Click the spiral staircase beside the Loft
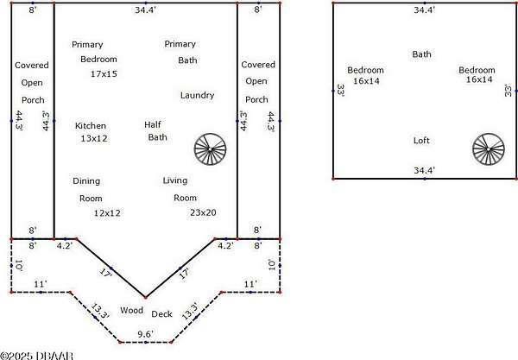click(x=487, y=149)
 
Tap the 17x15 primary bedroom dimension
click(x=104, y=75)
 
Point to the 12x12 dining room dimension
click(x=108, y=212)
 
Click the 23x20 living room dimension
click(x=203, y=212)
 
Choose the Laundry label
click(x=198, y=96)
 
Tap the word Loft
click(x=421, y=141)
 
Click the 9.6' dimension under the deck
click(x=145, y=333)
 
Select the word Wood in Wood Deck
click(x=131, y=309)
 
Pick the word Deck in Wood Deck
click(x=162, y=314)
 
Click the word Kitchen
click(x=91, y=126)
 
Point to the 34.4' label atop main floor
click(x=146, y=11)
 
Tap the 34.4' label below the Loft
click(x=423, y=171)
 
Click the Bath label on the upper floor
click(x=421, y=54)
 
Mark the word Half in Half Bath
click(x=152, y=125)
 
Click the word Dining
click(x=86, y=181)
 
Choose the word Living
click(x=175, y=181)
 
